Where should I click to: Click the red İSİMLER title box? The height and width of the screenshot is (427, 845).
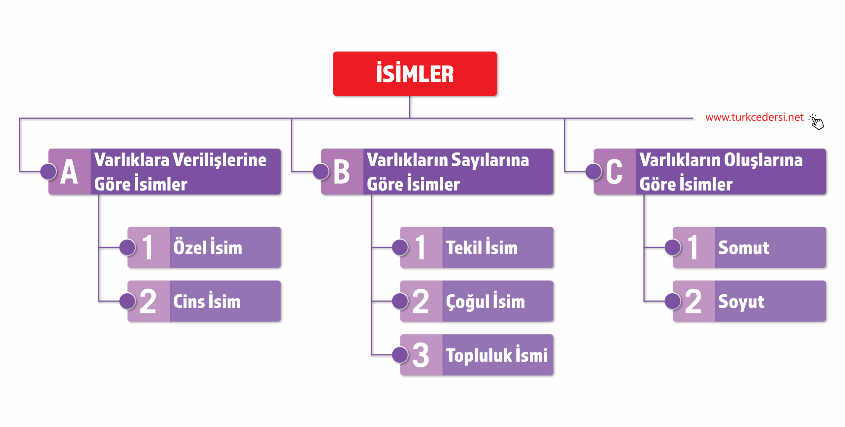pos(415,74)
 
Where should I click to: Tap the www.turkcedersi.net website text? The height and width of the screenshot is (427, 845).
pos(754,117)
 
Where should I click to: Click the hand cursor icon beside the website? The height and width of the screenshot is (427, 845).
pos(817,122)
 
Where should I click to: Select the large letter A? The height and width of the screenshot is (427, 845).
pos(69,172)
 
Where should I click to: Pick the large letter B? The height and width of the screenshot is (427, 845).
pos(341,172)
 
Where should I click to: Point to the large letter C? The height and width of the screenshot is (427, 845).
pos(614,172)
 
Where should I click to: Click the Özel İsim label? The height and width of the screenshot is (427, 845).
pos(208,247)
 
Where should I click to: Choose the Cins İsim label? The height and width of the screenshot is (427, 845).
pos(207,302)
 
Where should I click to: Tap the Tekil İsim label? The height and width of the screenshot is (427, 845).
pos(482,247)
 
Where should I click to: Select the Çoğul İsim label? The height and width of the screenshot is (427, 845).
pos(485,302)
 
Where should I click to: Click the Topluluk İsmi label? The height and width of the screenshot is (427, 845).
pos(496,355)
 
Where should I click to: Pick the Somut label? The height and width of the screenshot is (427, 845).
pos(744,247)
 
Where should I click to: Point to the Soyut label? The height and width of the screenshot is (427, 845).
pos(741,302)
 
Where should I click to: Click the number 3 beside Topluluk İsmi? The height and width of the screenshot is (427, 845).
pos(421,355)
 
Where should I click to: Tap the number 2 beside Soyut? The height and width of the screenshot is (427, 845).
pos(693,302)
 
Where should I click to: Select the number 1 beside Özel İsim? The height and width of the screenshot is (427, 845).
pos(148,247)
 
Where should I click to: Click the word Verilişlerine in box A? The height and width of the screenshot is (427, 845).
pos(220,160)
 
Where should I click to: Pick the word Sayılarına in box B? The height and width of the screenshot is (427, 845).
pos(490,160)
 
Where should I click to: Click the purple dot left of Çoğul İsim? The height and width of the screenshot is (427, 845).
pos(400,301)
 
